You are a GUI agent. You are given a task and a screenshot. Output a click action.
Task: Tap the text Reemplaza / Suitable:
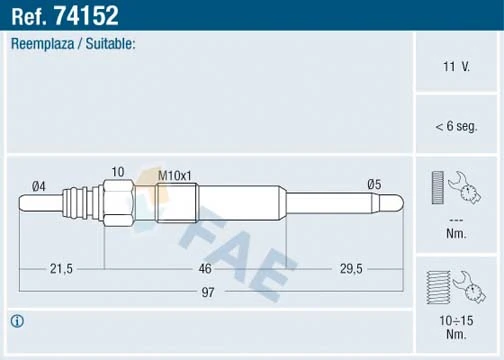coord(72,45)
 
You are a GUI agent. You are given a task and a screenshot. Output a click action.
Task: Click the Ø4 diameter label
coord(40,184)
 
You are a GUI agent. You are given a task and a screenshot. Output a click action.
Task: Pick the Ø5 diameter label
coord(375,184)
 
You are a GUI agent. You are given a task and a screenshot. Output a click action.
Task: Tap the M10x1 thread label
coord(176,176)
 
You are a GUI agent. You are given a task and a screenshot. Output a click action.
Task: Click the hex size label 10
coord(118,172)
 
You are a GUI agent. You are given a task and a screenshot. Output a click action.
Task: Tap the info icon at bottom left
coord(17,321)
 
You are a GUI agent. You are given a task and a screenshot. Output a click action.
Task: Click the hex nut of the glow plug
coord(117,203)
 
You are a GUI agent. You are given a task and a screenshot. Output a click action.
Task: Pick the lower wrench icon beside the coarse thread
coord(466,287)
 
